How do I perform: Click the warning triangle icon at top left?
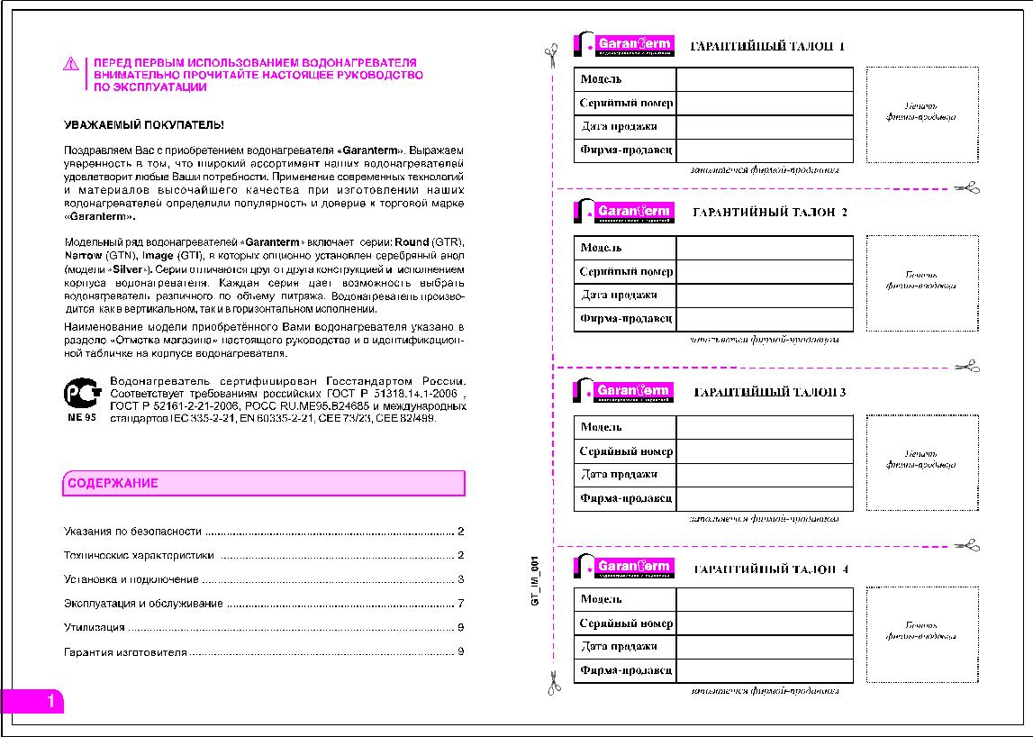coord(71,64)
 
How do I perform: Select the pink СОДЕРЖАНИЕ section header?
coord(264,484)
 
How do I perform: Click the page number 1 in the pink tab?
coord(51,701)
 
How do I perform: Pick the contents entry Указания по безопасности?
coord(133,532)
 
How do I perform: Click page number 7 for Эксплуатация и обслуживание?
coord(460,604)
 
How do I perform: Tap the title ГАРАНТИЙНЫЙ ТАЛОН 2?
coord(769,213)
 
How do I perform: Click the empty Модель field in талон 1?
coord(764,79)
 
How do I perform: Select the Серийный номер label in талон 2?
coord(626,271)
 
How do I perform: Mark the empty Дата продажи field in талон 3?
coord(764,475)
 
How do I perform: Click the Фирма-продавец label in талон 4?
coord(626,670)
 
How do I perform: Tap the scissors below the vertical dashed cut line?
coord(553,683)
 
